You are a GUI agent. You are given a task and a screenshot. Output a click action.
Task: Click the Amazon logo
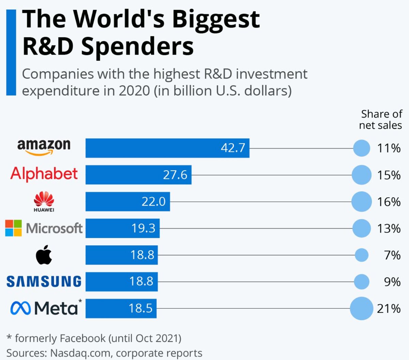(x=44, y=147)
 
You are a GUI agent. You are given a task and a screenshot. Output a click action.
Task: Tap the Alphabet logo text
(x=44, y=174)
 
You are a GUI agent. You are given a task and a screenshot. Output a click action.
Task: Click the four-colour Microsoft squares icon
(x=13, y=228)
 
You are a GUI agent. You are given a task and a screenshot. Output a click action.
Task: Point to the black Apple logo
(x=44, y=255)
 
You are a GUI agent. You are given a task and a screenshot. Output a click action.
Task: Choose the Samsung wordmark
(x=44, y=282)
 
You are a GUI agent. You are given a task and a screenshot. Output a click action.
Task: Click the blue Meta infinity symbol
(x=21, y=308)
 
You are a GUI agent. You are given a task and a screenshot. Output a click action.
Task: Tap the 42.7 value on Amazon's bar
(x=233, y=148)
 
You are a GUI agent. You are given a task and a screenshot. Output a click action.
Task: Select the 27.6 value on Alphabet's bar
(x=175, y=175)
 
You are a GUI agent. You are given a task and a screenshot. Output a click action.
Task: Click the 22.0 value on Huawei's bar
(x=153, y=202)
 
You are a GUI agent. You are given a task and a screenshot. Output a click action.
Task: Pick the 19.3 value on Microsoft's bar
(x=143, y=228)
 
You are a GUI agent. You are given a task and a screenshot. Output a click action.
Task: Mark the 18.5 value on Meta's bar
(x=140, y=309)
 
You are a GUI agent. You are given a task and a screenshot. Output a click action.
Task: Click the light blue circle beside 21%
(x=362, y=309)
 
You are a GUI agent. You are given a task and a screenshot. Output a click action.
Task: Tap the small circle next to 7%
(x=362, y=255)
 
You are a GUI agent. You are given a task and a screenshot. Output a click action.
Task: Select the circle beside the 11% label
(x=362, y=148)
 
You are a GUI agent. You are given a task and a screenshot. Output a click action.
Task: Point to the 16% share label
(x=389, y=202)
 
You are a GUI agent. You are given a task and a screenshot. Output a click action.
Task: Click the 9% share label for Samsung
(x=392, y=282)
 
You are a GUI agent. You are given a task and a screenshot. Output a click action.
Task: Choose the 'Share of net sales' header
(x=381, y=120)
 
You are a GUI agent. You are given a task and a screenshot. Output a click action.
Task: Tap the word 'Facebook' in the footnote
(x=82, y=338)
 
